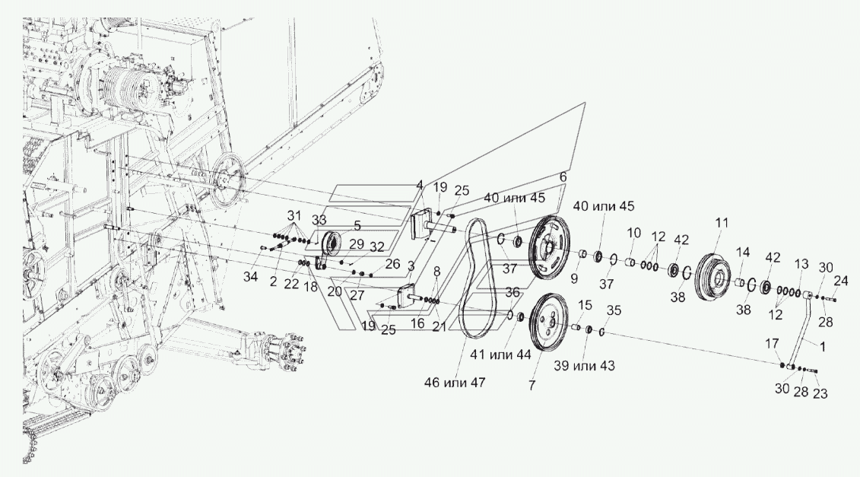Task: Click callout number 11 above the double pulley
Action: click(722, 223)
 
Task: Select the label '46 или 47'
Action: click(455, 383)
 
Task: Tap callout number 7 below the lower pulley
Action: click(532, 386)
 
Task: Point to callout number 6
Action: click(563, 176)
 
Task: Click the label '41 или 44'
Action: click(500, 355)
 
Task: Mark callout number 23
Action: click(820, 393)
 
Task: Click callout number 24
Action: click(840, 281)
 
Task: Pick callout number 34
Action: click(251, 277)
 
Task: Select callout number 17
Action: click(772, 344)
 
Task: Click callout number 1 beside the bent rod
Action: click(823, 346)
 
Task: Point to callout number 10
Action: click(634, 233)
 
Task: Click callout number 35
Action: click(614, 310)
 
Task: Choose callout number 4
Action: click(420, 185)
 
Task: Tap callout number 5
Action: click(357, 225)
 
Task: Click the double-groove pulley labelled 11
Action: click(715, 276)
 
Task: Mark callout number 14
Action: click(743, 252)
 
